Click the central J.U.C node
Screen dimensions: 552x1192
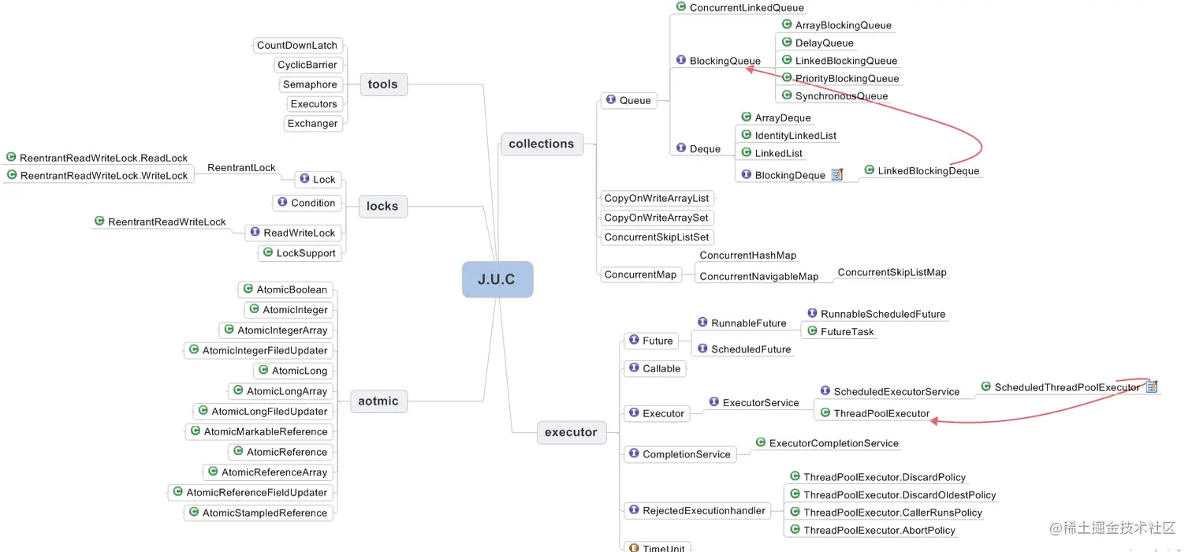(x=497, y=279)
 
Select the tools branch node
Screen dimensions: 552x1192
(x=383, y=84)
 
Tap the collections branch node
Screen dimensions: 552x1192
(x=542, y=144)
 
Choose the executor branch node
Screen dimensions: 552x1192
(x=571, y=432)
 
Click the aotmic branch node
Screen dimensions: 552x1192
(x=378, y=401)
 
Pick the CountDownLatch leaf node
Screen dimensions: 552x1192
(x=297, y=45)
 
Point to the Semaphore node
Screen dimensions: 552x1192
(x=310, y=84)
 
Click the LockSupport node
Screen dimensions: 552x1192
(x=305, y=253)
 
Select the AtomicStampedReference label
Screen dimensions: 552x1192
(x=264, y=513)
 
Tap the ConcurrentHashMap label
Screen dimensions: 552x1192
(x=748, y=255)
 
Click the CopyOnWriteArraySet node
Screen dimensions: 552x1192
(x=656, y=218)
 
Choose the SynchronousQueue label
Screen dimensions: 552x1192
(x=841, y=96)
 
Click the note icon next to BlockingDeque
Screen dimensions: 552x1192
(x=837, y=174)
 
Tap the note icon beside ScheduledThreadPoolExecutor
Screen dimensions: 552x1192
(x=1152, y=386)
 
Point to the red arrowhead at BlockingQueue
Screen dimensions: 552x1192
(x=751, y=69)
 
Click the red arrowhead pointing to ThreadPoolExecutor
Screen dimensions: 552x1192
(x=934, y=422)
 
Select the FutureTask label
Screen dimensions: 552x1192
(x=847, y=332)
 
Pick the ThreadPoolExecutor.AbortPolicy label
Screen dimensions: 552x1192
(x=879, y=530)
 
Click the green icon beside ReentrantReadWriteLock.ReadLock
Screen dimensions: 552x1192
(x=11, y=158)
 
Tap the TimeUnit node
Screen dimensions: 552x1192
(x=663, y=547)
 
